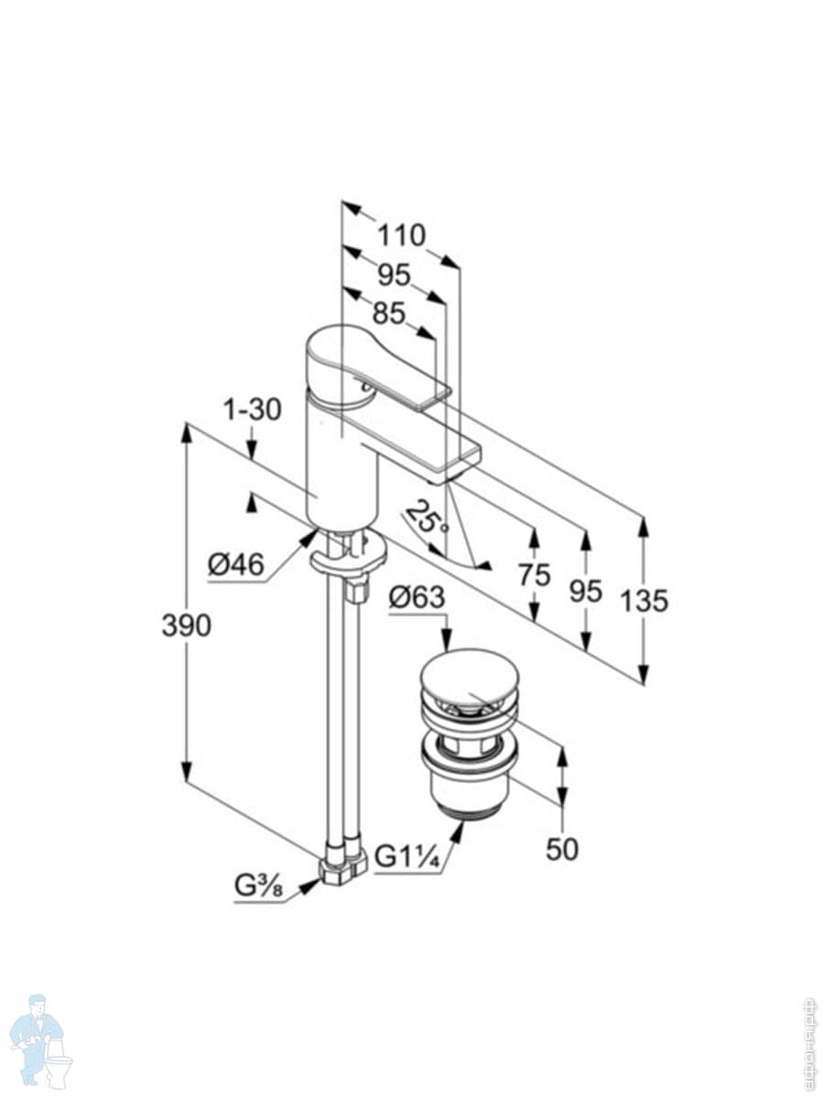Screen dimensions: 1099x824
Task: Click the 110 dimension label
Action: click(403, 235)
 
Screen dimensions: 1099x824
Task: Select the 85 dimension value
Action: click(388, 313)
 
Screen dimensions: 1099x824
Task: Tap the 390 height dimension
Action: click(186, 626)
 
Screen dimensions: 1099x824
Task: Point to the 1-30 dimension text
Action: click(252, 410)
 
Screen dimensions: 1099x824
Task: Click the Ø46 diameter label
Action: click(235, 565)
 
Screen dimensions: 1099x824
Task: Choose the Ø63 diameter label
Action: click(417, 598)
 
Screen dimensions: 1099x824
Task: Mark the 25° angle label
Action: click(428, 518)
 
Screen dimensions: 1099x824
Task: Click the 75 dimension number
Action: click(534, 575)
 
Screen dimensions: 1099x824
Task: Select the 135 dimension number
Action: click(644, 601)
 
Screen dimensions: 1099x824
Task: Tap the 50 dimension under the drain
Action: click(562, 849)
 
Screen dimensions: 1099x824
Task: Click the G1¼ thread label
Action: click(409, 858)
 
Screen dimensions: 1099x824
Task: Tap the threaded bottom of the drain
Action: click(470, 806)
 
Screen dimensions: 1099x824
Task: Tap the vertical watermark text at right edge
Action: click(809, 1043)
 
